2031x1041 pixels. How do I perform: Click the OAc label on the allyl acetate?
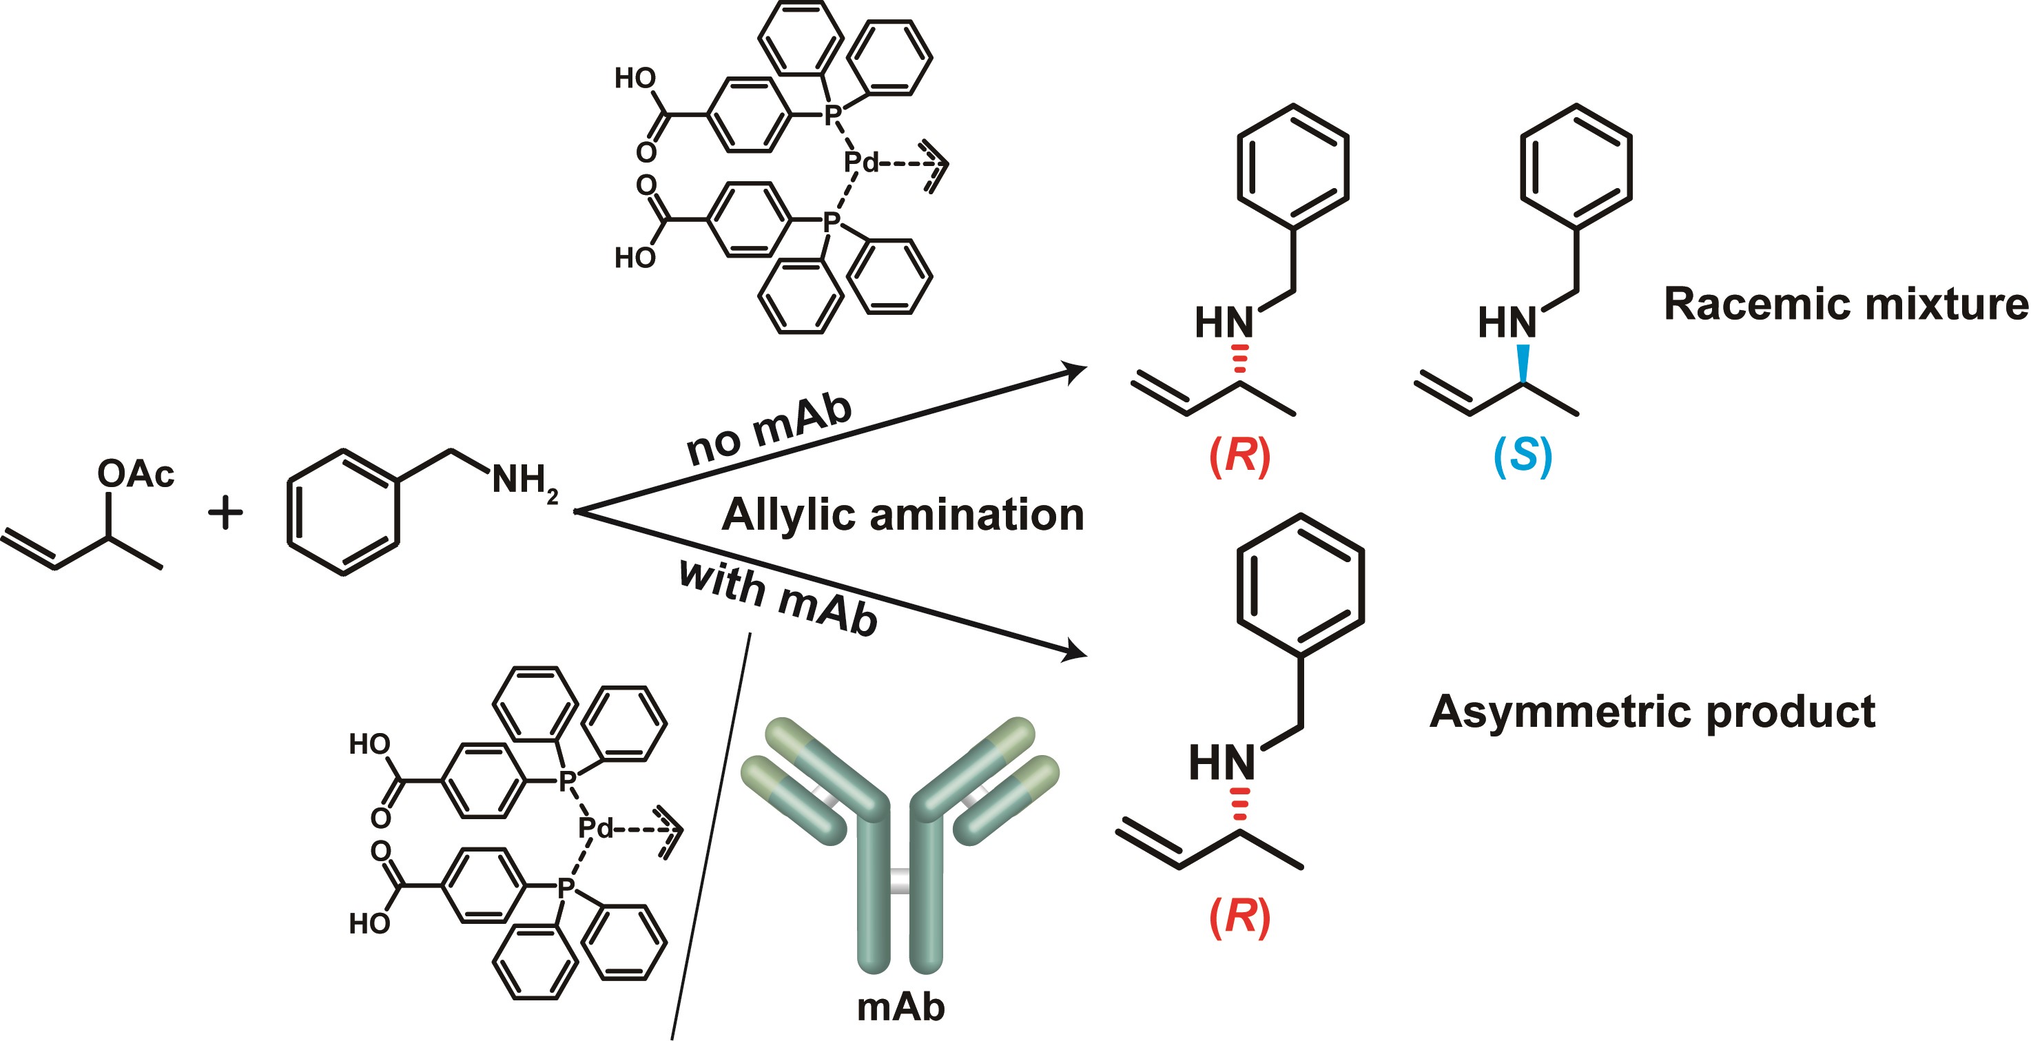click(x=135, y=474)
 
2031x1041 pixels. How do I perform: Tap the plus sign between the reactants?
click(x=225, y=513)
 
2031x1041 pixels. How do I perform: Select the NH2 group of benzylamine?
click(x=524, y=480)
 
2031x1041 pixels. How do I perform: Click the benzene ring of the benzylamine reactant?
click(x=343, y=512)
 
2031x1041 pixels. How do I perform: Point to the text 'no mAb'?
click(x=770, y=429)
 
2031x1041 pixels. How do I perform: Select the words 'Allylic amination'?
click(x=903, y=514)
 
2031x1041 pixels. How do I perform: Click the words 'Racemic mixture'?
click(x=1845, y=304)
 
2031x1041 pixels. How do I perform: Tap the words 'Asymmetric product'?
click(x=1652, y=712)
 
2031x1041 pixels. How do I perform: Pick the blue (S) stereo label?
click(x=1523, y=456)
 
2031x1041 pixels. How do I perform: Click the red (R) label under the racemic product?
click(x=1239, y=456)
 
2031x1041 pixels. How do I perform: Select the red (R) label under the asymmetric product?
click(x=1239, y=916)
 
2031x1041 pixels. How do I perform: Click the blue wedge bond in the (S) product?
click(x=1523, y=363)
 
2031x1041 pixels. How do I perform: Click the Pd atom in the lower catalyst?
click(x=595, y=828)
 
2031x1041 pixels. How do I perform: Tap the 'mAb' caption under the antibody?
click(x=900, y=1007)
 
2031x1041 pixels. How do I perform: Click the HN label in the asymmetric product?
click(x=1221, y=763)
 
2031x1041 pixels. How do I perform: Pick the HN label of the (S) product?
click(x=1507, y=322)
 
